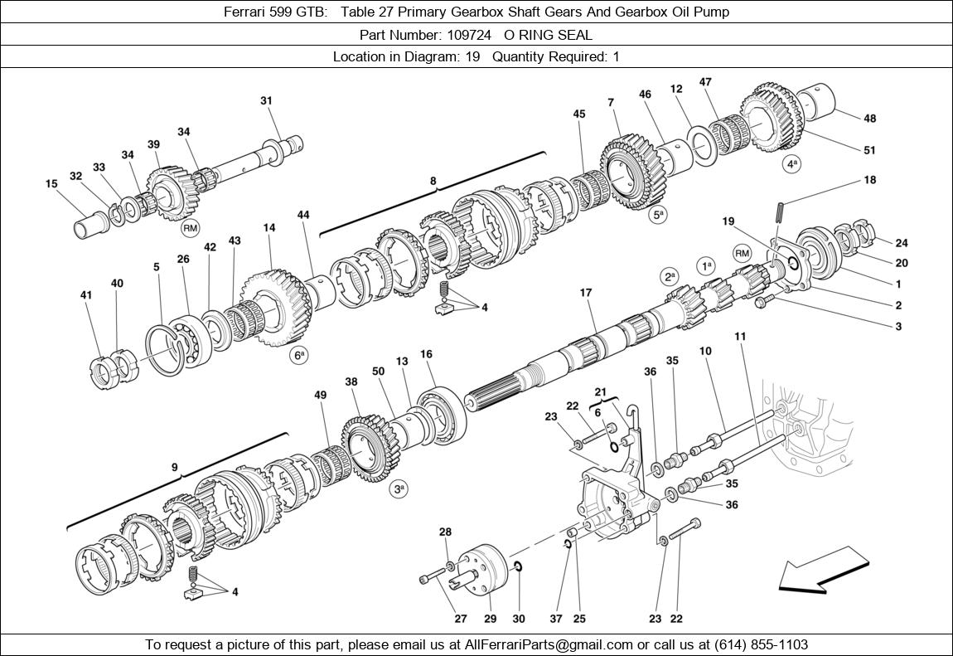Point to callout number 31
(266, 101)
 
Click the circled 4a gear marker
(792, 164)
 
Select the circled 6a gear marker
(298, 356)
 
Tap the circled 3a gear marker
(399, 489)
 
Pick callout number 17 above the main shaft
(586, 293)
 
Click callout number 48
(869, 119)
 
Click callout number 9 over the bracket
(174, 468)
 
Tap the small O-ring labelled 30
(517, 566)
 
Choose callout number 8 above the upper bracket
(432, 180)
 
